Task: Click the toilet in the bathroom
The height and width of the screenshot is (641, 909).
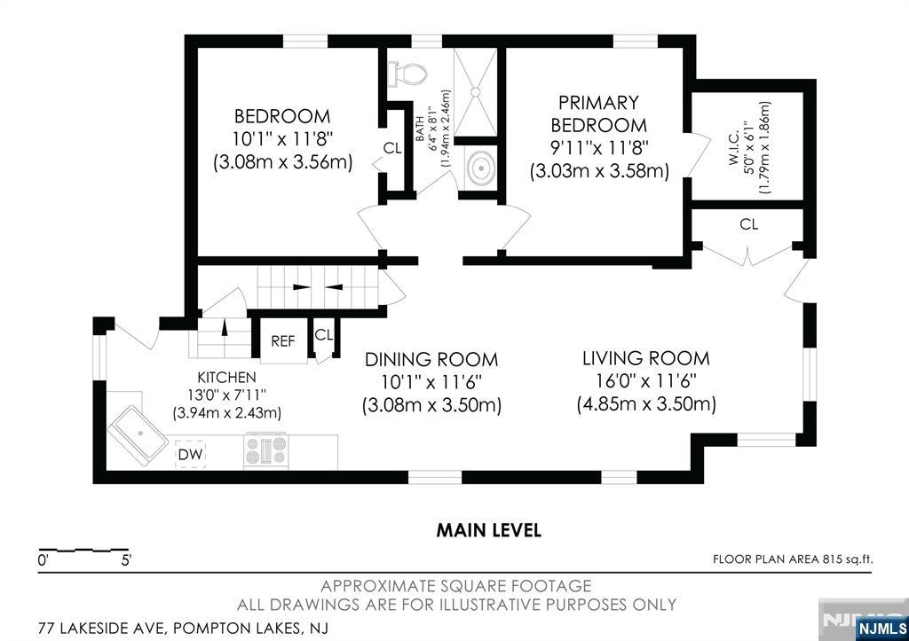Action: click(408, 74)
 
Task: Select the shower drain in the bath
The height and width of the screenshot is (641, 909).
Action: click(476, 91)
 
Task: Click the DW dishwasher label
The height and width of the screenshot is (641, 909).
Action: click(191, 455)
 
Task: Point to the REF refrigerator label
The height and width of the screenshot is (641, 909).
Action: click(283, 341)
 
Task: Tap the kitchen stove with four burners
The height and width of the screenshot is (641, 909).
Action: click(266, 449)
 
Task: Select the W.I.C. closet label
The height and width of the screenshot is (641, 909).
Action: click(732, 148)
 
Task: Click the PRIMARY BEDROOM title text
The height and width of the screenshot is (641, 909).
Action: click(598, 114)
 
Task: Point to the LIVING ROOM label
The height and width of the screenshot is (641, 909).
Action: click(646, 358)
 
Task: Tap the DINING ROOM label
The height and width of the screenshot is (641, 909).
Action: click(431, 360)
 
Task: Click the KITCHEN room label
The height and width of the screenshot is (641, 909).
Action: click(226, 378)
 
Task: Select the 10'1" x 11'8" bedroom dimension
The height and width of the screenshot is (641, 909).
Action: click(283, 139)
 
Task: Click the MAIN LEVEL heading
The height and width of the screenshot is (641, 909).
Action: click(489, 530)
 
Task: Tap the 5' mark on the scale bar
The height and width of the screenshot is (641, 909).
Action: click(126, 560)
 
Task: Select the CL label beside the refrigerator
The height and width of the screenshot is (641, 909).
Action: click(323, 335)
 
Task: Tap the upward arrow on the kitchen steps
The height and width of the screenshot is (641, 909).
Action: click(225, 328)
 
